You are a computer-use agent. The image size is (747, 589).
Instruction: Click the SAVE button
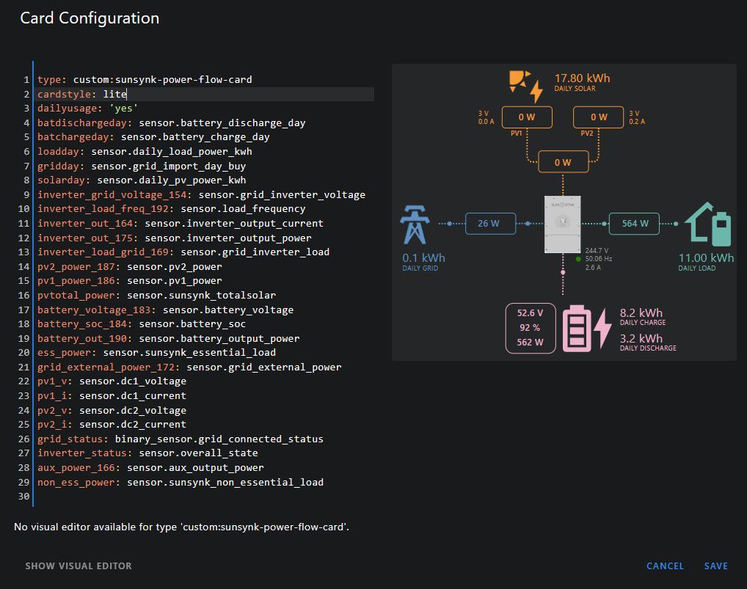(715, 566)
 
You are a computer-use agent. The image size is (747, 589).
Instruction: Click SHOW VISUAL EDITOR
(79, 566)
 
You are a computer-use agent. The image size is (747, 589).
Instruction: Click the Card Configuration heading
(90, 18)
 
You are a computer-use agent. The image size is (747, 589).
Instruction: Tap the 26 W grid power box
(489, 223)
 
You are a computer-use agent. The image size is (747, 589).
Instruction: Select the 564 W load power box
(635, 223)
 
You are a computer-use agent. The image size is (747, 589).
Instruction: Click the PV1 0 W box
(526, 117)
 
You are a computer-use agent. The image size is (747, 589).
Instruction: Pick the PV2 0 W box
(599, 117)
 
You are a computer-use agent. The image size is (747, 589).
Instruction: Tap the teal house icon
(709, 224)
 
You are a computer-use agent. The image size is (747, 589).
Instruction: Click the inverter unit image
(563, 224)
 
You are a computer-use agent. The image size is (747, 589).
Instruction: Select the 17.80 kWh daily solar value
(582, 78)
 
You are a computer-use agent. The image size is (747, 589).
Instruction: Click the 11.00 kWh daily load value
(705, 258)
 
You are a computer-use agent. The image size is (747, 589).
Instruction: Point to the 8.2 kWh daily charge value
(641, 312)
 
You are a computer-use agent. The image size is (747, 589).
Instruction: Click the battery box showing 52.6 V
(531, 328)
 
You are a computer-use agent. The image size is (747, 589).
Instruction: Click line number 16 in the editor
(26, 296)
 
